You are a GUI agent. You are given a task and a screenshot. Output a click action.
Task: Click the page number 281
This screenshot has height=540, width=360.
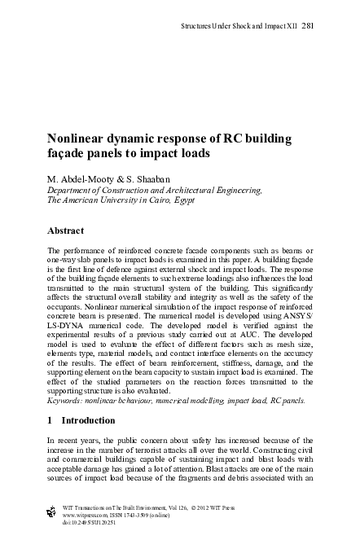(x=308, y=25)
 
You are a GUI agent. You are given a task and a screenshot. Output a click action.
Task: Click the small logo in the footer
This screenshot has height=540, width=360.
(x=54, y=511)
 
